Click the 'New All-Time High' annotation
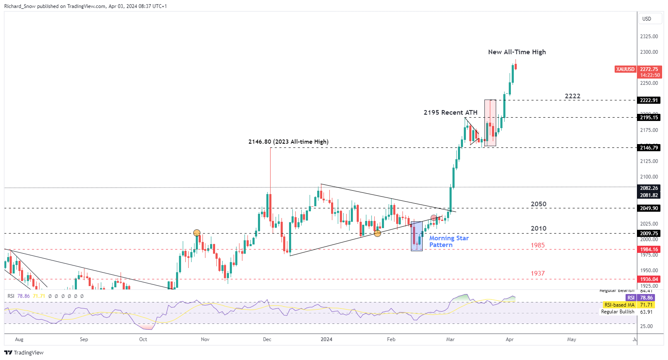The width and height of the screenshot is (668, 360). (517, 52)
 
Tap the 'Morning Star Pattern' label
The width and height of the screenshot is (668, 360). (449, 242)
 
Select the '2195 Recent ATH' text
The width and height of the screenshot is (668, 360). (450, 113)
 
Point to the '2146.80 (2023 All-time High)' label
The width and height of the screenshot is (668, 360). (288, 142)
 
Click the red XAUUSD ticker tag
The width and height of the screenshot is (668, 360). (625, 69)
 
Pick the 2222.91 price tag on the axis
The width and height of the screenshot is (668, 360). (649, 100)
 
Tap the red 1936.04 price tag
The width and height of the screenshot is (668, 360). (649, 279)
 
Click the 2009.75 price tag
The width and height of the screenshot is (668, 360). (649, 234)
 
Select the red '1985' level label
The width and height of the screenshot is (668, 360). (537, 245)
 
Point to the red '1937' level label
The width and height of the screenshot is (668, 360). (537, 273)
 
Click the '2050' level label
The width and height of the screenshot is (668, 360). (538, 204)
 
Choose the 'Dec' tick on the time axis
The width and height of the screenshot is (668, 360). (267, 339)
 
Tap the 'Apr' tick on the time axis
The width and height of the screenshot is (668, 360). (510, 339)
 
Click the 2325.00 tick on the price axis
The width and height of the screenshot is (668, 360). (649, 37)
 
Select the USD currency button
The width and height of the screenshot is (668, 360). (647, 19)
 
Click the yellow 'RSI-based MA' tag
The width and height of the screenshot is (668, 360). (619, 305)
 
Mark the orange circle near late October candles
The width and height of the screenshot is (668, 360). (197, 233)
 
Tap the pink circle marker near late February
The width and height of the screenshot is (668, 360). (434, 218)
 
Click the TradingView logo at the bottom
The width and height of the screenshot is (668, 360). (24, 353)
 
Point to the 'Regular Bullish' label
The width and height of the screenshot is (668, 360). (618, 312)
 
